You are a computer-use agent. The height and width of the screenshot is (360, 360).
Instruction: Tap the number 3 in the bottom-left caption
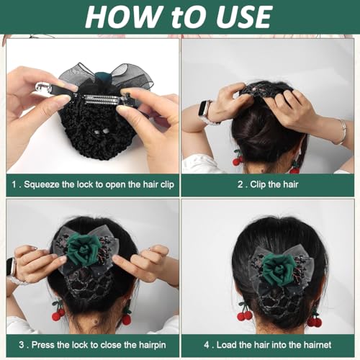[x=22, y=345]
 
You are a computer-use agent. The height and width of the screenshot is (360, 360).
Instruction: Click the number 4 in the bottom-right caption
[x=207, y=345]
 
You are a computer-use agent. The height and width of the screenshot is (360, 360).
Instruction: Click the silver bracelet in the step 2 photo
[x=342, y=132]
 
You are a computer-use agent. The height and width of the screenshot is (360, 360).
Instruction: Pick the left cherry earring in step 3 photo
[x=58, y=312]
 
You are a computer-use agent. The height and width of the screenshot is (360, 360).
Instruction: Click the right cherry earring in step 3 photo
[x=126, y=315]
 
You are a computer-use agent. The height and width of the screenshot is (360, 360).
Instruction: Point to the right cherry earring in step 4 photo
[x=315, y=319]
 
